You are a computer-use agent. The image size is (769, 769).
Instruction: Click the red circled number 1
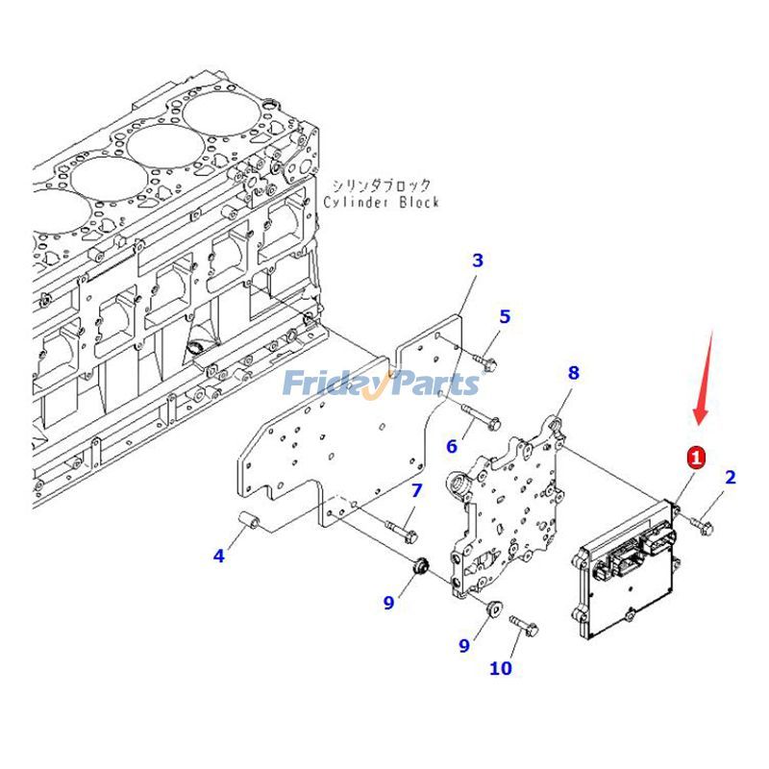click(695, 458)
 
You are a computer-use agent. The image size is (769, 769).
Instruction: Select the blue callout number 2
click(731, 477)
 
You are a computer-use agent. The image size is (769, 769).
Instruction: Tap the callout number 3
click(478, 260)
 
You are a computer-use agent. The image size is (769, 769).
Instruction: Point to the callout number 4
click(219, 556)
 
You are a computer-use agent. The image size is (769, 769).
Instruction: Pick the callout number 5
click(505, 316)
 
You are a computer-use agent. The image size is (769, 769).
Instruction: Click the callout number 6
click(450, 446)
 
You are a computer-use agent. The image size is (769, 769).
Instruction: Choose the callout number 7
click(416, 491)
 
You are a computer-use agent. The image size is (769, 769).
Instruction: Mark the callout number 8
click(573, 372)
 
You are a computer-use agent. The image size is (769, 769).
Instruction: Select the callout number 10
click(501, 667)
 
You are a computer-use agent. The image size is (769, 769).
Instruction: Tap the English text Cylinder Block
click(381, 203)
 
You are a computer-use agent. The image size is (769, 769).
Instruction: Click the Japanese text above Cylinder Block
click(381, 185)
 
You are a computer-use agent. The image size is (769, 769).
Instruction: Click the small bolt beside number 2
click(700, 525)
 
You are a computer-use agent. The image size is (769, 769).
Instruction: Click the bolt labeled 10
click(525, 626)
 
